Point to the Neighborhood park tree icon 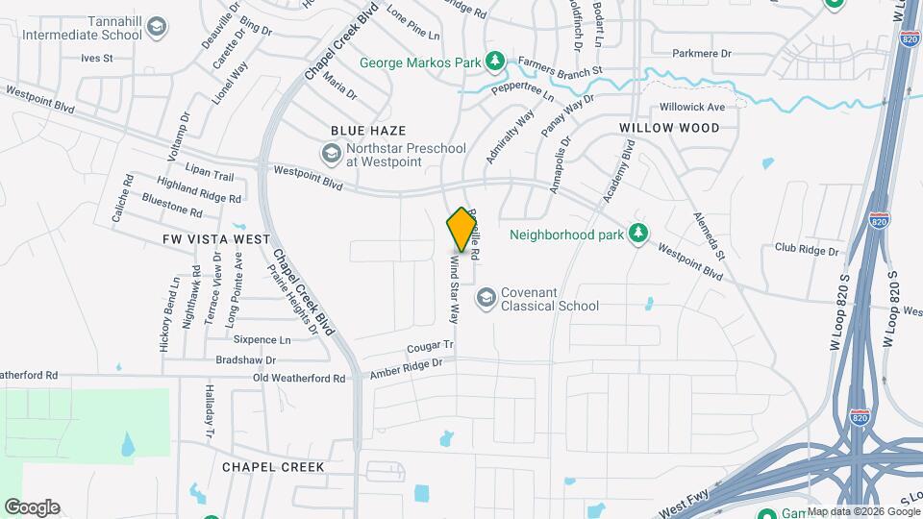(x=636, y=234)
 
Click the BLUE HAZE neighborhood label (x=367, y=130)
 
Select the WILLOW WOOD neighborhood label (x=669, y=128)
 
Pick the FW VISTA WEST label (x=203, y=238)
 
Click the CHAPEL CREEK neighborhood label (x=273, y=467)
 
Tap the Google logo (x=32, y=507)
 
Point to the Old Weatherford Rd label (x=298, y=379)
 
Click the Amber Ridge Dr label (x=406, y=368)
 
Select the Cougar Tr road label (x=430, y=345)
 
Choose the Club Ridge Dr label (x=807, y=249)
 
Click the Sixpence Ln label (x=262, y=340)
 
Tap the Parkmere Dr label (x=702, y=54)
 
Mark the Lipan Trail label (x=211, y=176)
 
